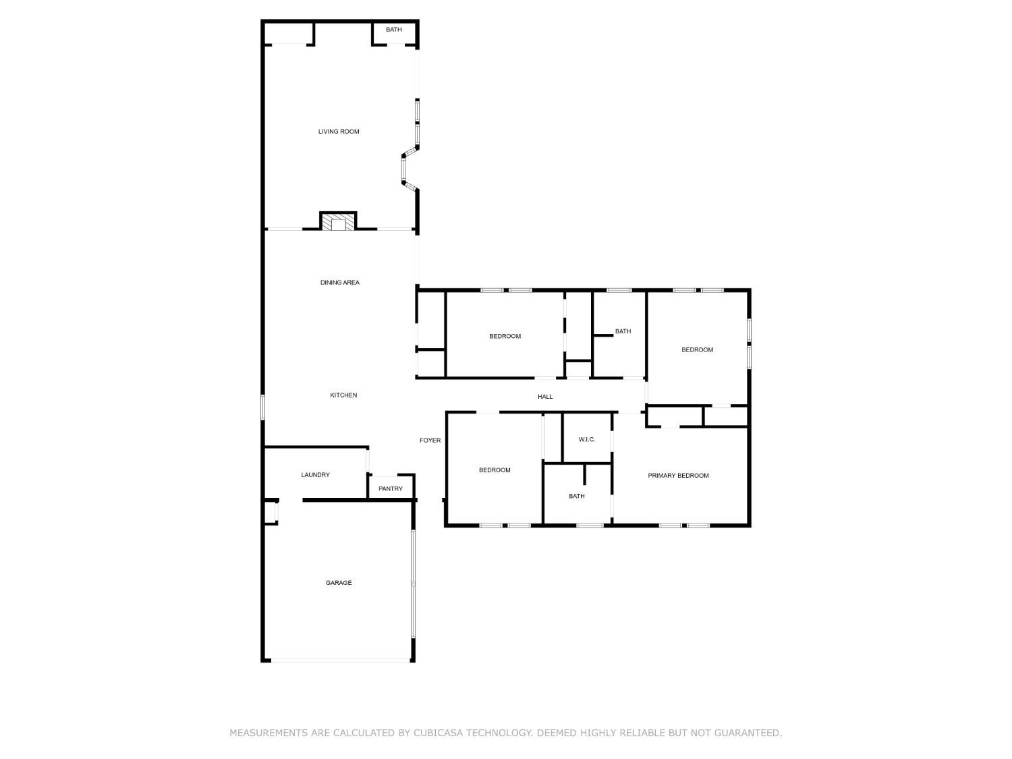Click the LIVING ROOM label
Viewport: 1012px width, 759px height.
coord(339,132)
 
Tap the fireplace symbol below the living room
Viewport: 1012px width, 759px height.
coord(337,222)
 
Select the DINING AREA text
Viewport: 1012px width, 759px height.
coord(339,283)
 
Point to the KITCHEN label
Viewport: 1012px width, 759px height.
coord(343,395)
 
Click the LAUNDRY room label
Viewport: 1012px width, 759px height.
coord(315,475)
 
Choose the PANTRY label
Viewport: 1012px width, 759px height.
coord(391,489)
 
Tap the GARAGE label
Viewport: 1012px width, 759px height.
coord(339,583)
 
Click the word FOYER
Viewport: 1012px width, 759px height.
coord(430,441)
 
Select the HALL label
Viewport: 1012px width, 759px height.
coord(545,397)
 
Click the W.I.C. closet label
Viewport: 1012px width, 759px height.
coord(587,440)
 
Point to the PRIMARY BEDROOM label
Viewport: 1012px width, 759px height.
coord(678,476)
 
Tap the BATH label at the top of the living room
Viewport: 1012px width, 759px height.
coord(394,30)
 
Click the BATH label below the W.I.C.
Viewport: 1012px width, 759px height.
coord(577,497)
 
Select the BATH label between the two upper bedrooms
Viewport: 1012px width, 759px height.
coord(623,331)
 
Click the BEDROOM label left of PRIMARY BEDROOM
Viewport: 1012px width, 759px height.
coord(495,470)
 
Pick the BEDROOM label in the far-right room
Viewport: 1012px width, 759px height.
coord(697,349)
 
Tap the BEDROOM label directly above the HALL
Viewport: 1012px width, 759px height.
coord(505,336)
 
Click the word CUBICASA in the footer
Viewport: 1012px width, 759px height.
coord(443,733)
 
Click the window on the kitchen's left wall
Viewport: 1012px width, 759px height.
coord(263,407)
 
